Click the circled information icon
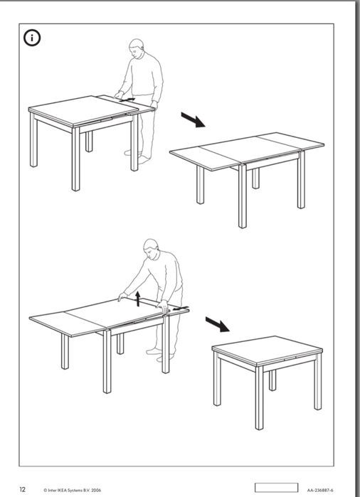click(x=32, y=38)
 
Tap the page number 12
click(x=22, y=489)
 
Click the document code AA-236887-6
click(x=320, y=490)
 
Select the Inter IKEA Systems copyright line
click(x=73, y=490)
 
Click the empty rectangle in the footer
click(x=276, y=488)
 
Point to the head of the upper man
click(x=137, y=48)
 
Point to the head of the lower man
click(x=152, y=248)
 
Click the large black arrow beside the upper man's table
click(x=193, y=119)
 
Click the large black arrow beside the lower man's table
click(x=217, y=324)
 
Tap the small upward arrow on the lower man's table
click(x=137, y=299)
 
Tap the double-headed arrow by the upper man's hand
click(x=128, y=100)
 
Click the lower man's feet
click(x=160, y=354)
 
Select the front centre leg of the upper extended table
click(x=243, y=196)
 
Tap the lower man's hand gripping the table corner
click(x=164, y=306)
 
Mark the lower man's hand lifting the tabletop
click(x=122, y=296)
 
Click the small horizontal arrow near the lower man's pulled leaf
click(x=182, y=308)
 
